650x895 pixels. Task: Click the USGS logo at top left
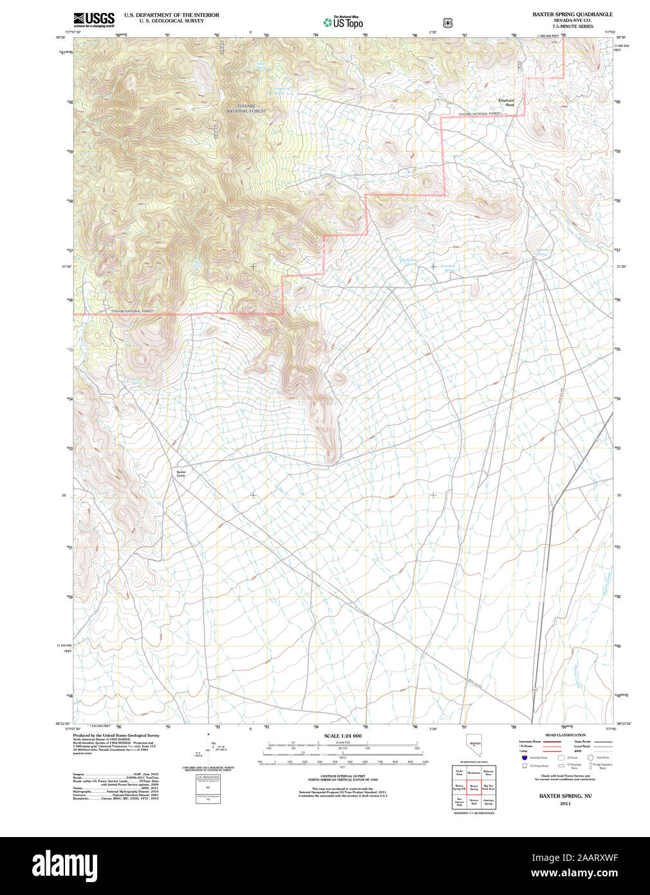click(x=94, y=19)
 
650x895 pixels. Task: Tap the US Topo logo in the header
click(x=343, y=22)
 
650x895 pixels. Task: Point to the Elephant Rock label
click(x=506, y=102)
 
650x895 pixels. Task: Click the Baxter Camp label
click(x=181, y=473)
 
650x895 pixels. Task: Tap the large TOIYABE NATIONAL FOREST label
click(x=245, y=108)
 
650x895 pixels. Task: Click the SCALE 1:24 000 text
click(x=342, y=735)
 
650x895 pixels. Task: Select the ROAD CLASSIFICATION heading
click(x=565, y=735)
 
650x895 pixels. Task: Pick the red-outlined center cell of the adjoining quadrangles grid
click(x=474, y=787)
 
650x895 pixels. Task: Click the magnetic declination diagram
click(x=208, y=748)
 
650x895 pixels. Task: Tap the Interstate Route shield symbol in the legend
click(x=524, y=758)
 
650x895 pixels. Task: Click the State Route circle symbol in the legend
click(x=591, y=758)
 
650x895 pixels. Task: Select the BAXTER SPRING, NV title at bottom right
click(x=565, y=796)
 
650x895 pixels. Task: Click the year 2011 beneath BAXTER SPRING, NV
click(x=565, y=804)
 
